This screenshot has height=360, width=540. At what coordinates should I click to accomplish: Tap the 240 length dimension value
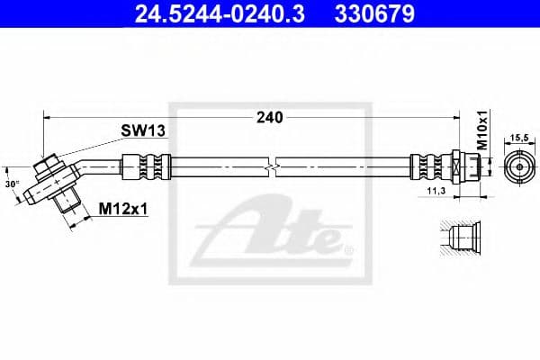click(x=270, y=117)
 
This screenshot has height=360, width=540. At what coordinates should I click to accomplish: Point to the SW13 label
click(x=144, y=131)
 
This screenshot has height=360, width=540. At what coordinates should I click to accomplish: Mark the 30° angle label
click(x=11, y=184)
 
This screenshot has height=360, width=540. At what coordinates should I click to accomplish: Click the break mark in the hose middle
click(x=270, y=167)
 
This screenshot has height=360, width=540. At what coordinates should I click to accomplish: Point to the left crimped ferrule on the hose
click(x=147, y=166)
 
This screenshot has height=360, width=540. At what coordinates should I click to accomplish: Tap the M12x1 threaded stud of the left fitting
click(x=67, y=203)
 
